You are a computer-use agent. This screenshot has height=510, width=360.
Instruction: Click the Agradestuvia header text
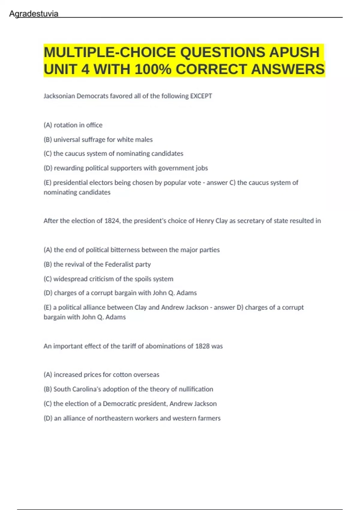tap(34, 14)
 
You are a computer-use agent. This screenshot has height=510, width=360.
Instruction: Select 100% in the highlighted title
tap(153, 69)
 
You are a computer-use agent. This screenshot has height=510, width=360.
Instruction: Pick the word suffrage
tap(94, 139)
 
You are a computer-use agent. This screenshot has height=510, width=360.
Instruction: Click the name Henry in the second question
tap(205, 221)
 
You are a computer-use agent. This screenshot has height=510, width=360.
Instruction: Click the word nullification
tap(196, 389)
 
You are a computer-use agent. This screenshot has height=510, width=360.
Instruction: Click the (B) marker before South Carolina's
tap(48, 389)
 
